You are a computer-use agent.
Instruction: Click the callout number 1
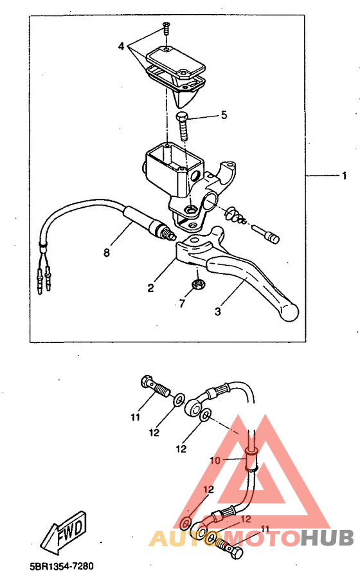pos(344,176)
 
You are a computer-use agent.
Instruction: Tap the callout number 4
pos(122,46)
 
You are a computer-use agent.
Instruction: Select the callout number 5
pos(224,115)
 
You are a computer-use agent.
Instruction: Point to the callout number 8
pos(107,253)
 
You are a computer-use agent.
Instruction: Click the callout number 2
pos(150,288)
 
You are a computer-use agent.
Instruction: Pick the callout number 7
pos(181,304)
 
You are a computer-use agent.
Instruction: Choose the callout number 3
pos(218,311)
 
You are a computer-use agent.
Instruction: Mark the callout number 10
pos(215,461)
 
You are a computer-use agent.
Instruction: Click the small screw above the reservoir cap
pos(166,29)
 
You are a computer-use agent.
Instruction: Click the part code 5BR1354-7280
pos(62,565)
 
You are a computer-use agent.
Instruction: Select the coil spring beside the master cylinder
pos(237,216)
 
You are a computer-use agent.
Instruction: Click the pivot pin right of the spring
pos(266,234)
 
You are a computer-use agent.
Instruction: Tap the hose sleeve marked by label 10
pos(251,461)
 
